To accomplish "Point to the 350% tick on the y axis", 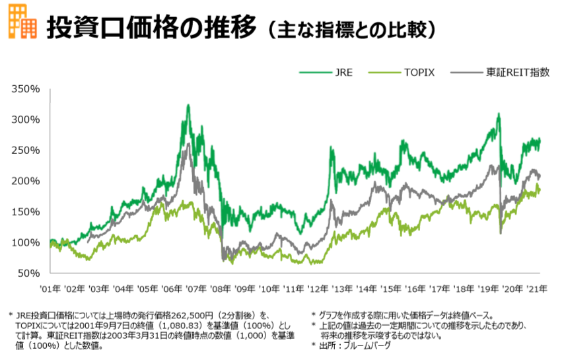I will pos(27,89).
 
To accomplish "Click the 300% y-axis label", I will pos(27,120).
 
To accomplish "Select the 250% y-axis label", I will pos(27,150).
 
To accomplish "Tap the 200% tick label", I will pos(27,181).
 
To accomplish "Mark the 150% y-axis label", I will pos(27,211).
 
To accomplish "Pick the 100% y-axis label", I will pos(27,242).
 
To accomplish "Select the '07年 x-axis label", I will pos(196,289).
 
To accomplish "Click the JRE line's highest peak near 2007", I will pos(188,105).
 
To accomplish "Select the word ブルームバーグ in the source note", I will pos(367,345).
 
